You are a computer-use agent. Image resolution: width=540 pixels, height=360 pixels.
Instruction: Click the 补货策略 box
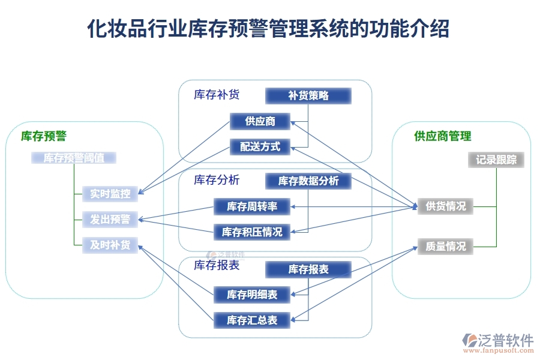308,95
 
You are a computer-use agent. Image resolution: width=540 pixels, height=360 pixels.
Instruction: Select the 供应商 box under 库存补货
260,121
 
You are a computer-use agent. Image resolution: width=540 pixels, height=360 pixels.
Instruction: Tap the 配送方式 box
260,146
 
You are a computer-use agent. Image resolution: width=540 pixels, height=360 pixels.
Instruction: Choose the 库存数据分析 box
308,181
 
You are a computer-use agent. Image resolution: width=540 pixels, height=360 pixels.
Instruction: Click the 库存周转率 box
252,207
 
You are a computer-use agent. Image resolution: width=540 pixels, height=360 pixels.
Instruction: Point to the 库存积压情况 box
252,232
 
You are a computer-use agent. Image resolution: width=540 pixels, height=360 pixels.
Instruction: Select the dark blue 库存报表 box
308,269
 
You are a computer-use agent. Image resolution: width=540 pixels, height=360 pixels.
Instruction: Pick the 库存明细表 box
252,294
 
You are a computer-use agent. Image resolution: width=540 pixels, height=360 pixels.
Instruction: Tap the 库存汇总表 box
252,320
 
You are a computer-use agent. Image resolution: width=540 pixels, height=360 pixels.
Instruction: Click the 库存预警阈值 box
74,158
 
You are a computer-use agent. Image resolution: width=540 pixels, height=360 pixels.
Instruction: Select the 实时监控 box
110,194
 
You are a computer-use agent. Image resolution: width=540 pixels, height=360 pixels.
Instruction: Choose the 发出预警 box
110,220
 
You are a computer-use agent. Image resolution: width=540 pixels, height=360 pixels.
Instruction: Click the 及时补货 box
110,245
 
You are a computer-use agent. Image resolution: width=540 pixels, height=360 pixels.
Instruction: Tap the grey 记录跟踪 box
496,160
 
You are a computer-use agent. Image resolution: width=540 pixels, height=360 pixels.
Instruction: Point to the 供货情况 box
445,206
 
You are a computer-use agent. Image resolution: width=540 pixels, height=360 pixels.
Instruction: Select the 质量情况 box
445,246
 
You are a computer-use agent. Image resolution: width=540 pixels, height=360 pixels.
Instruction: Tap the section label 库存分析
217,180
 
